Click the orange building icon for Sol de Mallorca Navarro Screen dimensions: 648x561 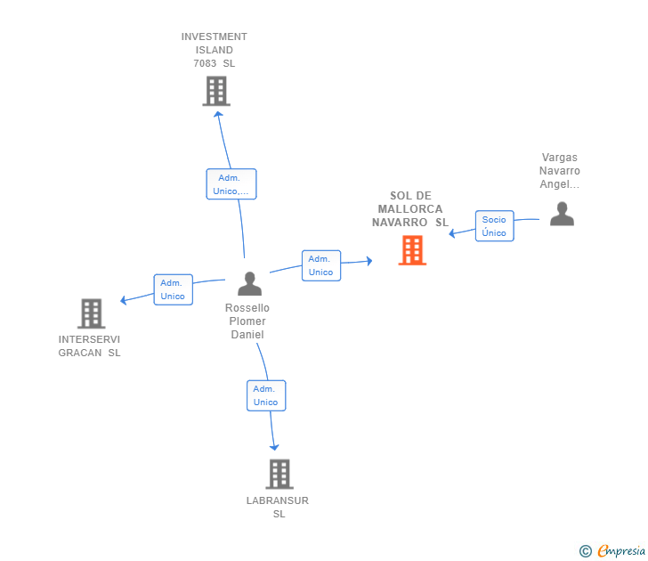point(412,250)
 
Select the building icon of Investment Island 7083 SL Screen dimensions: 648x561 point(216,91)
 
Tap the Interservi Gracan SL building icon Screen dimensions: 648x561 point(92,313)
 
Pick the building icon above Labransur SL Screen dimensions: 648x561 point(279,474)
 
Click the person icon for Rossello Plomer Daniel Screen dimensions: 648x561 point(249,283)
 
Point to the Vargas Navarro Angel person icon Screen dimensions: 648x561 point(562,214)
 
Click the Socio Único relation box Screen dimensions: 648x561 point(494,226)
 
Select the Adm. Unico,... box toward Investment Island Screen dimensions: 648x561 point(231,184)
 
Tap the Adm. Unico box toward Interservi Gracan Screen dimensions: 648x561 point(174,289)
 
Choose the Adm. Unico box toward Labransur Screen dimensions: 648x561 point(266,395)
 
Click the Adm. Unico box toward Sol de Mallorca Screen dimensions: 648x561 point(321,265)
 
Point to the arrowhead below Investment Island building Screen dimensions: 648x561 point(218,114)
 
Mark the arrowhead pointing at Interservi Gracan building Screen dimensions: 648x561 point(123,300)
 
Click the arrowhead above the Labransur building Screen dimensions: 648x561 point(274,447)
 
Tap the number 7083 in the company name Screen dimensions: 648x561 point(205,63)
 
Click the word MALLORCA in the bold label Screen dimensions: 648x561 point(410,208)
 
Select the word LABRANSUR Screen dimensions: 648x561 point(278,500)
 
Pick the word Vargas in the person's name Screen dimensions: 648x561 point(560,158)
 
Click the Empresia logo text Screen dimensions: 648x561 point(621,550)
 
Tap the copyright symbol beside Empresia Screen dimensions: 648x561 point(586,551)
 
